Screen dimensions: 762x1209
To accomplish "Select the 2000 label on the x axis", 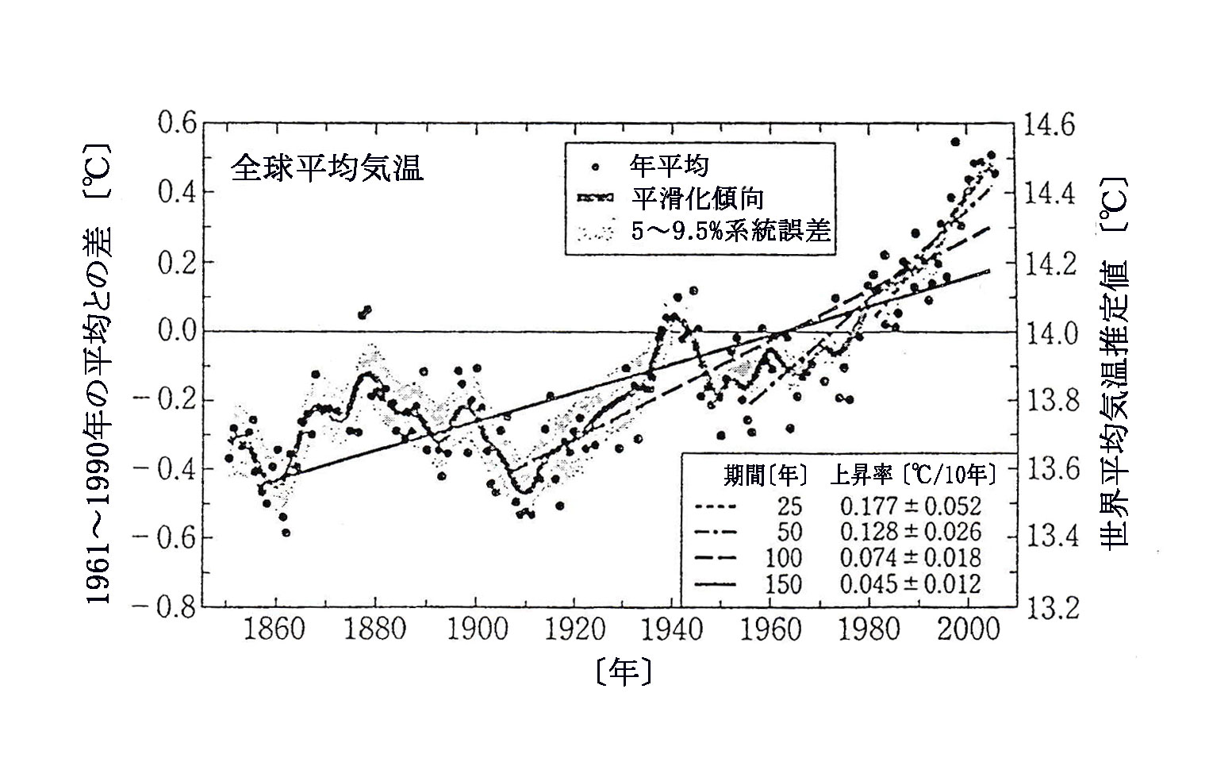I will (967, 631).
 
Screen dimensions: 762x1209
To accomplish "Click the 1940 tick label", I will (670, 631).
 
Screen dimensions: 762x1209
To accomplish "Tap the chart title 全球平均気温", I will (327, 168).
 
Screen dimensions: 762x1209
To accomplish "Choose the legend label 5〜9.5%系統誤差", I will (730, 231).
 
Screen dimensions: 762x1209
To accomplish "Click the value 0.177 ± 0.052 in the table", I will (911, 506).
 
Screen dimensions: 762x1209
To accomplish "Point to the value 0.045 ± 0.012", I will (911, 585).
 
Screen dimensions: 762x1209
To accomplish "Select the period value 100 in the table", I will (783, 559).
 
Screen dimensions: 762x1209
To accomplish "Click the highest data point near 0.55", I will (955, 142).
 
